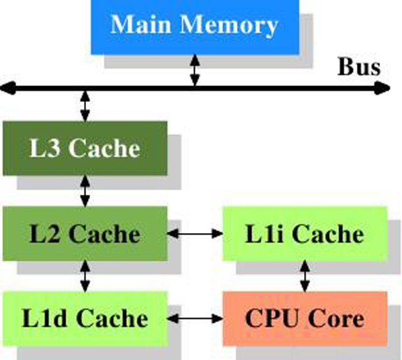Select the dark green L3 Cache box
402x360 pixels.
pyautogui.click(x=85, y=148)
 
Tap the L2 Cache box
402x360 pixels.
pyautogui.click(x=85, y=234)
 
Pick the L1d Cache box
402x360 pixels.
pyautogui.click(x=85, y=318)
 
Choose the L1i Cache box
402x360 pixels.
pyautogui.click(x=305, y=234)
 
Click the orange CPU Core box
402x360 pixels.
pyautogui.click(x=305, y=318)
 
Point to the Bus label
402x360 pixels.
pyautogui.click(x=359, y=67)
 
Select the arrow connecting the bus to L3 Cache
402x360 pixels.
pyautogui.click(x=85, y=105)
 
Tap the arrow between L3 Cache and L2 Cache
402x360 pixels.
pyautogui.click(x=85, y=191)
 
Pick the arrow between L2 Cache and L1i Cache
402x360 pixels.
pyautogui.click(x=195, y=234)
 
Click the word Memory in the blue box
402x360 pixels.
pyautogui.click(x=229, y=25)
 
